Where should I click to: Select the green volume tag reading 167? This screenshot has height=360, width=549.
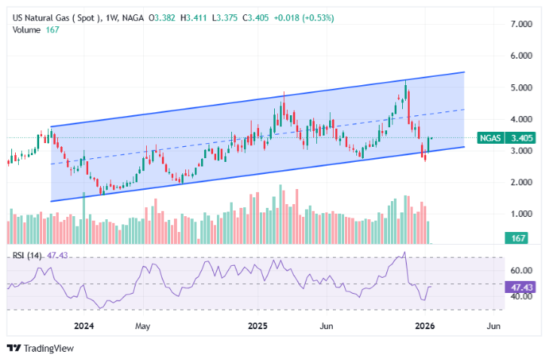517,238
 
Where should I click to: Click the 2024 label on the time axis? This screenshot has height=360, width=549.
84,326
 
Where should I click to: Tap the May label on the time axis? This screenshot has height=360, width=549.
144,326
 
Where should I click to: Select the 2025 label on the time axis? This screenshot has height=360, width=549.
258,326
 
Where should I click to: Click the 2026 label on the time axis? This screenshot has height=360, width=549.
426,326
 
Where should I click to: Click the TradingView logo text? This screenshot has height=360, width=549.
46,349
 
